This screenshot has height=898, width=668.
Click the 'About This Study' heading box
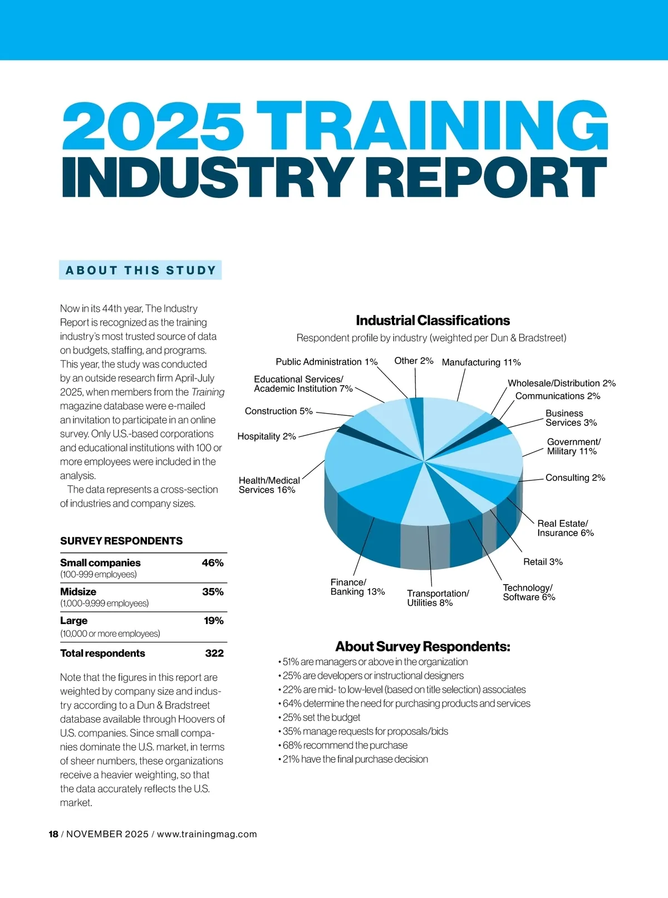140,270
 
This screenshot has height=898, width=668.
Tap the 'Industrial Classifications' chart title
433,321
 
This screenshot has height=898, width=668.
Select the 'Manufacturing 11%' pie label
481,362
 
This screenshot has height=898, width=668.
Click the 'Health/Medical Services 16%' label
268,485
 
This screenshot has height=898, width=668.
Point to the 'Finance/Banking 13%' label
357,587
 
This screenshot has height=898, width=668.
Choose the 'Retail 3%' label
543,562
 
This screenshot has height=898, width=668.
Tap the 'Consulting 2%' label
575,478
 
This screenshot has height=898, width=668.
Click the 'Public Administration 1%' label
327,362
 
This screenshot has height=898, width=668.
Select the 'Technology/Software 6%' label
529,592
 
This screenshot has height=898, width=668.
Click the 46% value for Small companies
213,563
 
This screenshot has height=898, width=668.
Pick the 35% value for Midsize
213,592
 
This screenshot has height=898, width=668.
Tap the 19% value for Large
214,621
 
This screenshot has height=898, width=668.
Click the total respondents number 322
214,653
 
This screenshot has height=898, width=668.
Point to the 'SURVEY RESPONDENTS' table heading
121,541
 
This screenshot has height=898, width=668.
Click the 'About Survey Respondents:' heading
423,646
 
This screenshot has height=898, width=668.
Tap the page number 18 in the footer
53,834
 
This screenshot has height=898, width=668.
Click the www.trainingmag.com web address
207,834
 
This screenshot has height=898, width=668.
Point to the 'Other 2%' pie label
414,361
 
